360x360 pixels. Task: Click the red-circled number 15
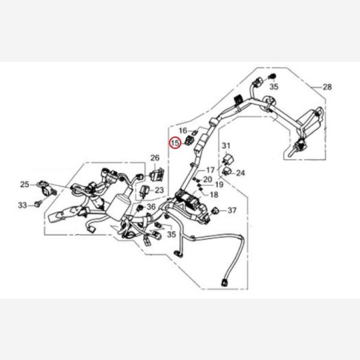pyautogui.click(x=175, y=143)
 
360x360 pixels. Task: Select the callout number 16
pyautogui.click(x=183, y=131)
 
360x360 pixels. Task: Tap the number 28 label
pyautogui.click(x=327, y=87)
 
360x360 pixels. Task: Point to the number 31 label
pyautogui.click(x=226, y=146)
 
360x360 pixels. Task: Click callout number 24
pyautogui.click(x=241, y=173)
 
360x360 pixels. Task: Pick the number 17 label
pyautogui.click(x=211, y=170)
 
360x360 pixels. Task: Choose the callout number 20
pyautogui.click(x=208, y=179)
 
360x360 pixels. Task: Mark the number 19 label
pyautogui.click(x=219, y=184)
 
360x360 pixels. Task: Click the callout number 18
pyautogui.click(x=214, y=194)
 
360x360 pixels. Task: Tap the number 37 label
pyautogui.click(x=232, y=210)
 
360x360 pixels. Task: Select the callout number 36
pyautogui.click(x=151, y=207)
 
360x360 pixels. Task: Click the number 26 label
pyautogui.click(x=155, y=158)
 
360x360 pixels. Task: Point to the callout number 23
pyautogui.click(x=159, y=190)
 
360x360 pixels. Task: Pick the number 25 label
pyautogui.click(x=25, y=184)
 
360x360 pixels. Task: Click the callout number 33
pyautogui.click(x=23, y=205)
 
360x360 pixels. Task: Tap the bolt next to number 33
pyautogui.click(x=38, y=203)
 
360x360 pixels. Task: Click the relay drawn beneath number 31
pyautogui.click(x=227, y=159)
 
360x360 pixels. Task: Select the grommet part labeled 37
pyautogui.click(x=215, y=210)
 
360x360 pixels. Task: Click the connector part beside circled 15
pyautogui.click(x=190, y=140)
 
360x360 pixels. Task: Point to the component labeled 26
pyautogui.click(x=157, y=175)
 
